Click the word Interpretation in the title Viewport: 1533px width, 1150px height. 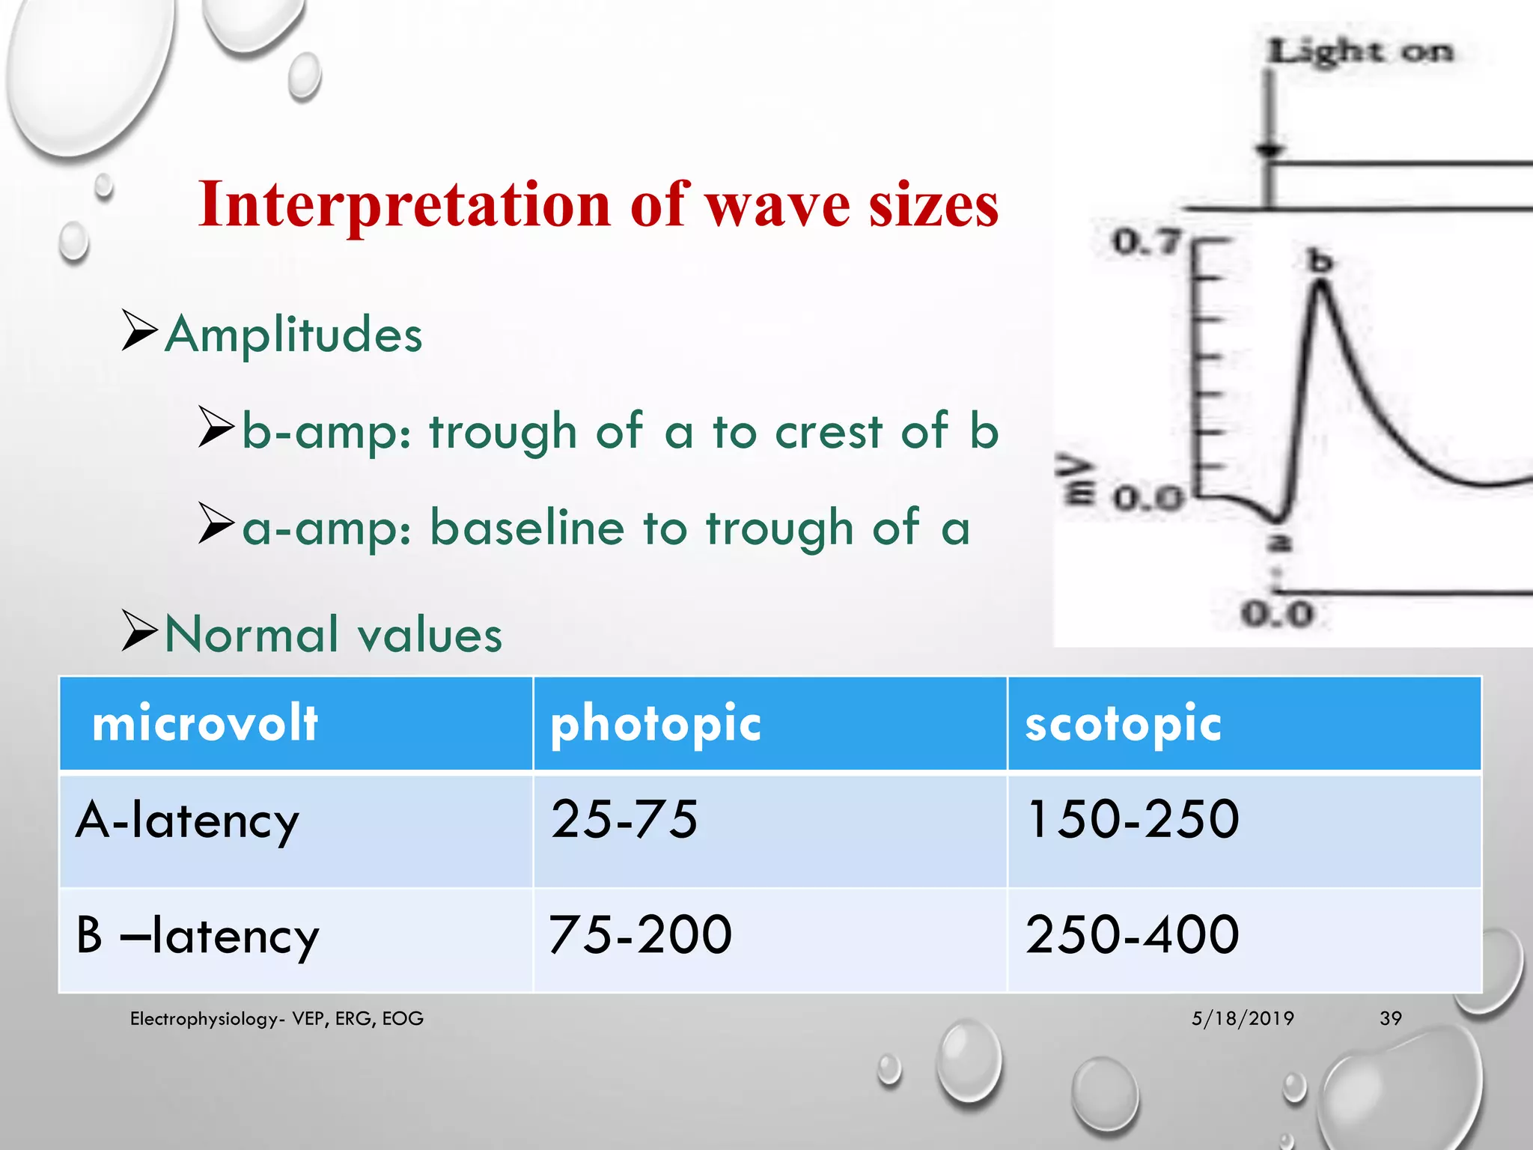405,205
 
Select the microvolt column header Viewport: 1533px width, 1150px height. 204,724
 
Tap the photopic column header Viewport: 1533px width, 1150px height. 656,724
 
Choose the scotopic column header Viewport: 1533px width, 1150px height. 1123,724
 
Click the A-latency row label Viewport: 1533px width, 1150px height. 187,820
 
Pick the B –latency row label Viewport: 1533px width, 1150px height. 198,935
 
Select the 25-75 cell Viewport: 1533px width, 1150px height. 624,818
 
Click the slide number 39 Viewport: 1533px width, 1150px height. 1390,1018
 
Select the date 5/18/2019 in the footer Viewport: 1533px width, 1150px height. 1243,1018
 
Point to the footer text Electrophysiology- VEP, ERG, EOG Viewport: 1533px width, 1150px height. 276,1018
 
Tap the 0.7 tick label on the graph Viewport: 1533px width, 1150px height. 1145,242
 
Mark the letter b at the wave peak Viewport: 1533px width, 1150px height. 1320,261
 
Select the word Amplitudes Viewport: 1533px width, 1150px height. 293,334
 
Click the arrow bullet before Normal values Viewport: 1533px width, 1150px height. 139,630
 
